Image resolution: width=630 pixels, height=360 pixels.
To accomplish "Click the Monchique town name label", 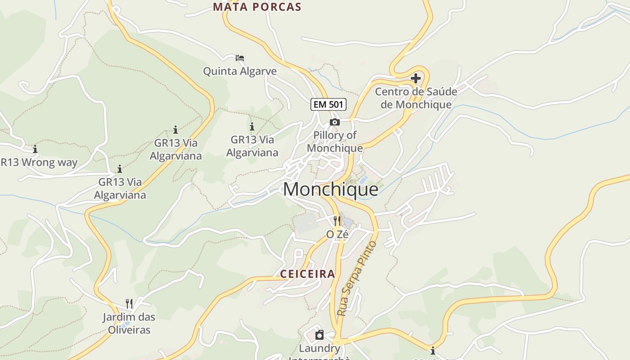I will pos(331,189).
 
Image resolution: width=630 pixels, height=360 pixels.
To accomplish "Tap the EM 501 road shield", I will pos(328,104).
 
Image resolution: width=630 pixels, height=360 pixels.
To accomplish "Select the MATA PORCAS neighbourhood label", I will pos(257,7).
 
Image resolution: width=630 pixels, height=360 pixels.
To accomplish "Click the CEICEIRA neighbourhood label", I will pos(308,274).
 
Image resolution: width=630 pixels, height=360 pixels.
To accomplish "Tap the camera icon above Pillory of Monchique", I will pos(334,122).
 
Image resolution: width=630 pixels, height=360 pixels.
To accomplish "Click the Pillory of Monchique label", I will pos(335,141).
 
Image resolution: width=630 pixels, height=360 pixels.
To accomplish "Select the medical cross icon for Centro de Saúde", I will pos(416,78).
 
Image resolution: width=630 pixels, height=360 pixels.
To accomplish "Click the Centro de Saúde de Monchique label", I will pos(416,98).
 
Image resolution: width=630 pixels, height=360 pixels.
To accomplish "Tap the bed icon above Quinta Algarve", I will pos(240,58).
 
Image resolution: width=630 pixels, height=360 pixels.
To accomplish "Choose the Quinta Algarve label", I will pos(240,71).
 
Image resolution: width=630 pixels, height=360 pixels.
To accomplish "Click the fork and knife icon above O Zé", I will pos(337,221).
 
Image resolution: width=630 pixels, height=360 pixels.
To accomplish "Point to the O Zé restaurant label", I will pos(337,234).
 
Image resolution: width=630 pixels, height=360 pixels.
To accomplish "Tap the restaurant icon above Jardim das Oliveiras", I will pos(129,304).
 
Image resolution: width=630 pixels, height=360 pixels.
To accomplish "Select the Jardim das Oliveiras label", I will pos(129,323).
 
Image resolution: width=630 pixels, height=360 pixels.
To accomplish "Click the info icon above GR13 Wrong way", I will pos(35,149).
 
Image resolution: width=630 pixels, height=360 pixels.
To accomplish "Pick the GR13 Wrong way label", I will pos(39,162).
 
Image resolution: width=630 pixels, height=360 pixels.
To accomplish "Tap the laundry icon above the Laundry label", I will pos(319,335).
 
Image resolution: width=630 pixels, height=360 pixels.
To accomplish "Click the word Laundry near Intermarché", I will pos(319,348).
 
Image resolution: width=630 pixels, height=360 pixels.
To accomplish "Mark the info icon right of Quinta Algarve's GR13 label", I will pos(252,126).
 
